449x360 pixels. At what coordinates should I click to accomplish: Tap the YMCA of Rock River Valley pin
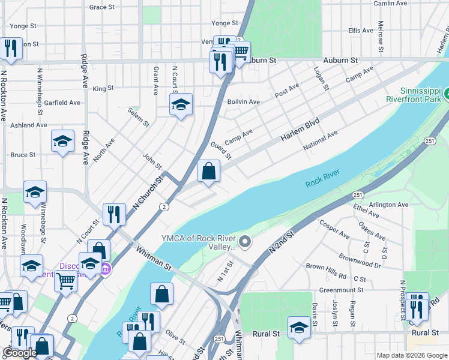pos(244,242)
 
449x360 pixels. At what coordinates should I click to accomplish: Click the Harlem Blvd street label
pos(299,130)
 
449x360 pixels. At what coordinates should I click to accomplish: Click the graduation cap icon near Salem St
pos(181,104)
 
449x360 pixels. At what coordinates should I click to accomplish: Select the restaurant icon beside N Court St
pos(113,214)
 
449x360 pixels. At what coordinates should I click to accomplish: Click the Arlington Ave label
pos(388,205)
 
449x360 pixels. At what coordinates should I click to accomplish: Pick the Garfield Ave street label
pos(62,103)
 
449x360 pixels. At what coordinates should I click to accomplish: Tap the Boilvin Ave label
pos(244,102)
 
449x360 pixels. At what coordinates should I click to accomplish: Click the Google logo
pos(20,353)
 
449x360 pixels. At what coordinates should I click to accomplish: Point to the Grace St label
pos(101,7)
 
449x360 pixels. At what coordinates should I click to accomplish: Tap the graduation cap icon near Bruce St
pos(62,142)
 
